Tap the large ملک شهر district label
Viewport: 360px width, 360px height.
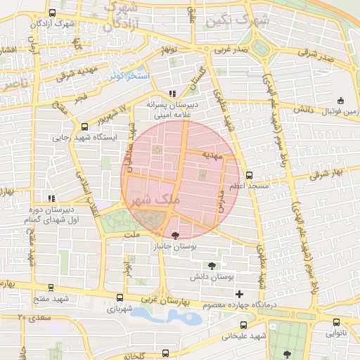coord(151,200)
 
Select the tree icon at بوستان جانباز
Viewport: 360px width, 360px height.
coord(175,235)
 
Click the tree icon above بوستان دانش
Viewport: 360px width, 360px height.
coord(212,265)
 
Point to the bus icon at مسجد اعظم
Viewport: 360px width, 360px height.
coord(249,175)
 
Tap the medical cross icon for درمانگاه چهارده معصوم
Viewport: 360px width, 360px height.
coord(240,293)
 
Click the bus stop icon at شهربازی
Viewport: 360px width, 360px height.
coord(119,297)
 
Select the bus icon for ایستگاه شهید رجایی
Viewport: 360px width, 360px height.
coord(85,127)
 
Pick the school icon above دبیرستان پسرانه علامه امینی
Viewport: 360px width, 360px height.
coord(172,93)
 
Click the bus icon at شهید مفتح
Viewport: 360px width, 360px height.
coord(51,287)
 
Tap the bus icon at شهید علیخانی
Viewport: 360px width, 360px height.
coord(244,325)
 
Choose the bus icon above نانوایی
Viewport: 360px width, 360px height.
coord(336,323)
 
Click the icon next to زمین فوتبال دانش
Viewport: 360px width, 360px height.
coord(341,100)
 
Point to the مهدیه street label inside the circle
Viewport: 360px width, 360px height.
coord(212,153)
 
